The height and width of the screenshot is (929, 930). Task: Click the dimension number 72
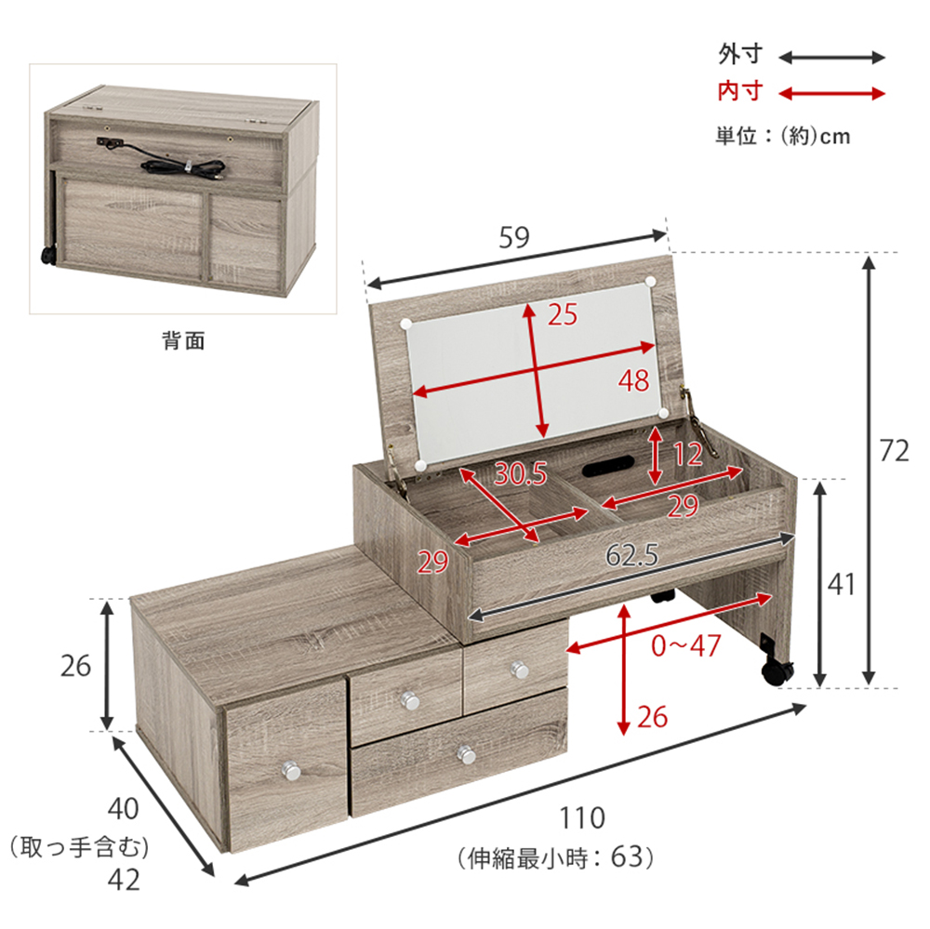coord(894,451)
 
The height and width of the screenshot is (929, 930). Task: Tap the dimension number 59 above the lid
coord(513,237)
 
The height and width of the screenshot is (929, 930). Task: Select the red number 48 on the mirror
coord(634,380)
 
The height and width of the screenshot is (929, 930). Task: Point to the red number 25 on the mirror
coord(563,314)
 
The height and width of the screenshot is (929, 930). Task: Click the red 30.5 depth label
coord(520,473)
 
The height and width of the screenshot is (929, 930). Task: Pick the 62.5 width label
coord(631,555)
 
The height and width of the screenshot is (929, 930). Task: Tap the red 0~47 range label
coord(685,645)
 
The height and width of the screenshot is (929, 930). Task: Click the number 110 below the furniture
coord(582,818)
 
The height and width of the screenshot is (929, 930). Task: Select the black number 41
coord(842,584)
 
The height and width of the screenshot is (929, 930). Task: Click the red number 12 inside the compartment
coord(688,455)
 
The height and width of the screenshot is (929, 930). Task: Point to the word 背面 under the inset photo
coord(183,340)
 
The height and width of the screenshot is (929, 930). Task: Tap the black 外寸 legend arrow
coord(831,58)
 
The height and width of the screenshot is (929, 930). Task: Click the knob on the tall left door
coord(291,771)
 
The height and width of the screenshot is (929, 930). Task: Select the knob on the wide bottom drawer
coord(467,754)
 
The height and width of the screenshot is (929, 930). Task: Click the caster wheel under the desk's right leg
coord(777,672)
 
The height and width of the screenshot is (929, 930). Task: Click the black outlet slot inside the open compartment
coord(608,468)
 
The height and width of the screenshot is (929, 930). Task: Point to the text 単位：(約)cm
coord(782,136)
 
